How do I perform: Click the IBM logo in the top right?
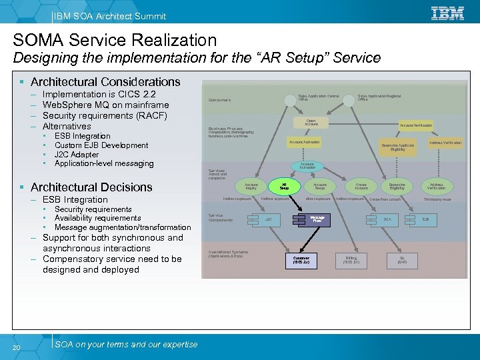pos(447,13)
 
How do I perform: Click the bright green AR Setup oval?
pos(284,187)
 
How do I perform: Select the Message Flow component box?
pos(317,219)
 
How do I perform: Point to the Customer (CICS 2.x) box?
pos(301,259)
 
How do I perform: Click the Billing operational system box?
pos(351,259)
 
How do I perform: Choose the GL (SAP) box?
pos(403,259)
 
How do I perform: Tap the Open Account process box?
pos(311,123)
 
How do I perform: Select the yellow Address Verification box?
pos(445,143)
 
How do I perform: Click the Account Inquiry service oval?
pos(251,187)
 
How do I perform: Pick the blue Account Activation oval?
pos(307,165)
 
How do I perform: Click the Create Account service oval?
pos(361,187)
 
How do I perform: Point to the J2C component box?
pos(267,219)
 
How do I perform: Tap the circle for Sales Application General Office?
pos(289,100)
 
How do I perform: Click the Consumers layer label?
pos(220,101)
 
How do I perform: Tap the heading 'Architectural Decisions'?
pos(91,187)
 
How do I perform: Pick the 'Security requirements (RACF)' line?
pos(104,115)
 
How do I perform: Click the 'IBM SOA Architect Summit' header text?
pos(110,16)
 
